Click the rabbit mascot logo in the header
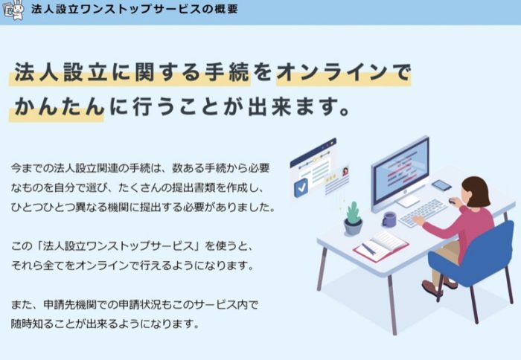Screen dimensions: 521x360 click(13, 10)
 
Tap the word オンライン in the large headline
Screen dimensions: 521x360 click(332, 72)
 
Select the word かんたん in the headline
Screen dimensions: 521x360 click(59, 107)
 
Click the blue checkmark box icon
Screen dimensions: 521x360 click(301, 187)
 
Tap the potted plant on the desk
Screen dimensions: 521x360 click(353, 219)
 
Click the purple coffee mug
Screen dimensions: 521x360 click(389, 219)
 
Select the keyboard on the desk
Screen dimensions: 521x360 click(423, 213)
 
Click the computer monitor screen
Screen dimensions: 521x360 click(400, 172)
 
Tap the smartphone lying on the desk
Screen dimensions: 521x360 click(441, 185)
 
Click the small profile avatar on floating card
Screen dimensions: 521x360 click(345, 171)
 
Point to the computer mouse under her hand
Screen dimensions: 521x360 click(452, 201)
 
